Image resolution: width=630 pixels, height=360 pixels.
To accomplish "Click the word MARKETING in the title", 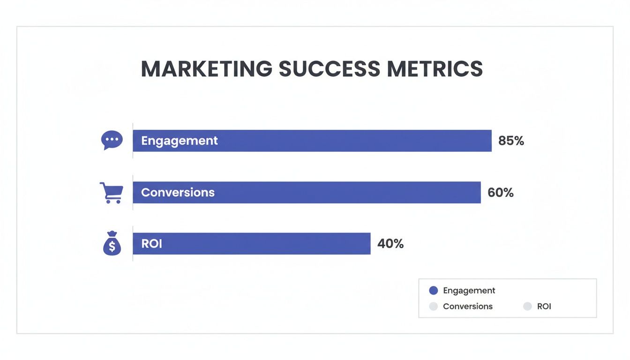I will click(206, 69).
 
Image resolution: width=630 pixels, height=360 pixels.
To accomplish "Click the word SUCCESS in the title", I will click(329, 69).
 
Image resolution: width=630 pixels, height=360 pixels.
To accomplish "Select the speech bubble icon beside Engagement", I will click(112, 140).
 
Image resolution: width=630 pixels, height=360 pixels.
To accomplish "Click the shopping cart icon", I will click(112, 192).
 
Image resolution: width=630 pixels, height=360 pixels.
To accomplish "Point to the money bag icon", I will click(112, 244).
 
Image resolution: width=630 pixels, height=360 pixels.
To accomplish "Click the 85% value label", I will click(511, 141).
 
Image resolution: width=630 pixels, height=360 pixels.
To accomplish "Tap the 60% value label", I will click(501, 192).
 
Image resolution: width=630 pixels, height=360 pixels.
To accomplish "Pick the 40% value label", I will click(390, 244).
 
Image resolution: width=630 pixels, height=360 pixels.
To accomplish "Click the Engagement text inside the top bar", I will click(180, 141).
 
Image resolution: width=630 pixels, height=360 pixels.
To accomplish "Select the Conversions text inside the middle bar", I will click(178, 192).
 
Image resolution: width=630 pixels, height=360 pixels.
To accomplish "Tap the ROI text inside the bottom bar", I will click(151, 244).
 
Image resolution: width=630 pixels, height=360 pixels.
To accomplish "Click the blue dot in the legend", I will click(434, 291).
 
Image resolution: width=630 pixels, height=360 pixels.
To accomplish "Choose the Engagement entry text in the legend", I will click(469, 291).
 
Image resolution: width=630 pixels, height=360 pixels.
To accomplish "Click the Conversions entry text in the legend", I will click(468, 307).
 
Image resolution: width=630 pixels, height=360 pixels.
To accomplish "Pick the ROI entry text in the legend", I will click(544, 307).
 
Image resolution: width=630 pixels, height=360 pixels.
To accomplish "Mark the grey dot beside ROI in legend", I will click(528, 307).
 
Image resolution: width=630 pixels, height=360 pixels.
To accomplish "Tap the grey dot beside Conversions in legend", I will click(434, 307).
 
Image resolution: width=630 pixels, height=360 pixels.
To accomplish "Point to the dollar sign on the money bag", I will click(112, 246).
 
